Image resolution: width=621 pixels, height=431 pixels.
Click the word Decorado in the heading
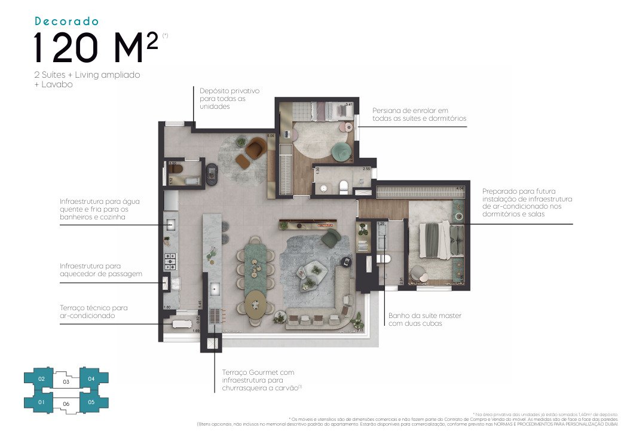point(66,22)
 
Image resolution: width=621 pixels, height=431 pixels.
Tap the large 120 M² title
point(96,48)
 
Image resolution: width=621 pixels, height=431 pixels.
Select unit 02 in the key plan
point(41,379)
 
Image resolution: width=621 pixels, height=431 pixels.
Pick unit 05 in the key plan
point(91,402)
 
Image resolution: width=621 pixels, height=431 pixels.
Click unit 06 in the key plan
point(66,405)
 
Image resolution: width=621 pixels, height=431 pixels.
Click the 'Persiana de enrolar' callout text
point(418,115)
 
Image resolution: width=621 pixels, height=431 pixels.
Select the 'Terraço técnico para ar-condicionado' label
point(93,311)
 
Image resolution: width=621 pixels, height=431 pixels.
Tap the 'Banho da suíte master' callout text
point(424,319)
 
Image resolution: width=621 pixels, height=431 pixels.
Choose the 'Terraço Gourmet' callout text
point(258,380)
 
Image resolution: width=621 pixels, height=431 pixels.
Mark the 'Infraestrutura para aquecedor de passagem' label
point(100,270)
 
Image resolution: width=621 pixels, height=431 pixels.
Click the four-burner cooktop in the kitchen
point(170,261)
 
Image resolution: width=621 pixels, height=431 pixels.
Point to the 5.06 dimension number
point(271,136)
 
